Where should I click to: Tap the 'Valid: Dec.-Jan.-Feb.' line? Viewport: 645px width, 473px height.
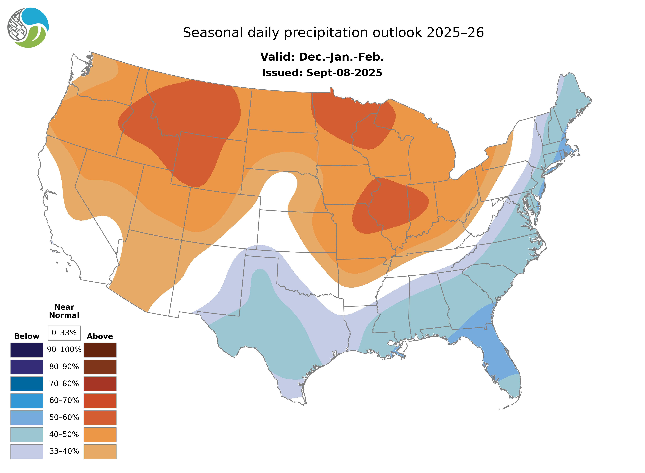(322, 57)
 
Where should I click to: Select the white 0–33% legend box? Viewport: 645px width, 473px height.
(64, 333)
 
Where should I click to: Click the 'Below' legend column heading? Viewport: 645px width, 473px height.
(27, 336)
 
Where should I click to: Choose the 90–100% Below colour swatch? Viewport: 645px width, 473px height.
(27, 350)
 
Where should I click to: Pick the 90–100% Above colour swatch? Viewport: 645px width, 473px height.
(100, 350)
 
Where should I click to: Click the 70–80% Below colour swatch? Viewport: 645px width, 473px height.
(27, 384)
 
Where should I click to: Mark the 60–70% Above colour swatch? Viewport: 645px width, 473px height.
(100, 401)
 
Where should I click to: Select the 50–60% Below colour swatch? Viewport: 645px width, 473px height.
(27, 417)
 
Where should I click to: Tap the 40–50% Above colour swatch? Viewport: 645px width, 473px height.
(100, 434)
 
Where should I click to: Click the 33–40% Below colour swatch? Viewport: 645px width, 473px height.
(27, 451)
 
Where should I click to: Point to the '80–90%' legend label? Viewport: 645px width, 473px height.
(64, 367)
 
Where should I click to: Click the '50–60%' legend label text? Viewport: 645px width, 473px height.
(64, 417)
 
